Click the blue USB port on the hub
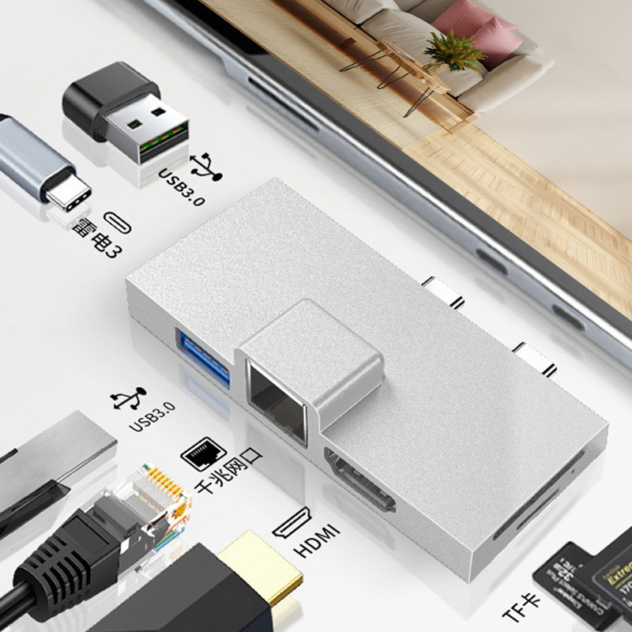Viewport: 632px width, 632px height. (205, 360)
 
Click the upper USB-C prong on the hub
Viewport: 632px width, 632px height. (443, 291)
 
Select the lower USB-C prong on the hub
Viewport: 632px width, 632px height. (534, 357)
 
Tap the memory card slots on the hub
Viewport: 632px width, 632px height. (537, 494)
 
